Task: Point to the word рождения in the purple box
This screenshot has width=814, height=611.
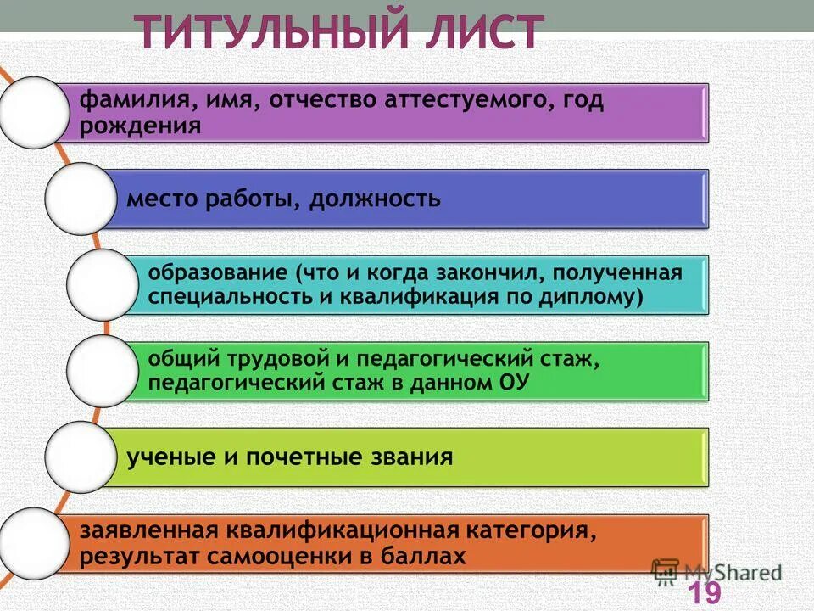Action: (141, 126)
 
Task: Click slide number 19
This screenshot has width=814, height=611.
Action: (704, 592)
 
